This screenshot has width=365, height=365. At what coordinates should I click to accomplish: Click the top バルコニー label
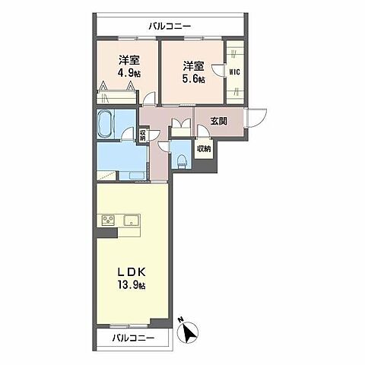[170, 26]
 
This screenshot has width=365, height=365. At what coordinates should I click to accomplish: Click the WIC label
[234, 72]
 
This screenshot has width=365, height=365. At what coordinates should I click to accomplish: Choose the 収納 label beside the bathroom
[143, 135]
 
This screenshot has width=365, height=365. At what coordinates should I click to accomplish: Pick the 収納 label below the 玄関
[203, 149]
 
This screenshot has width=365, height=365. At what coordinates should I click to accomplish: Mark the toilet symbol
[182, 160]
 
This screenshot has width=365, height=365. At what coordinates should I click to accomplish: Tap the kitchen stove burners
[106, 221]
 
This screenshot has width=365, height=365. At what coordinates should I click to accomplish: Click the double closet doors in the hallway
[181, 126]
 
